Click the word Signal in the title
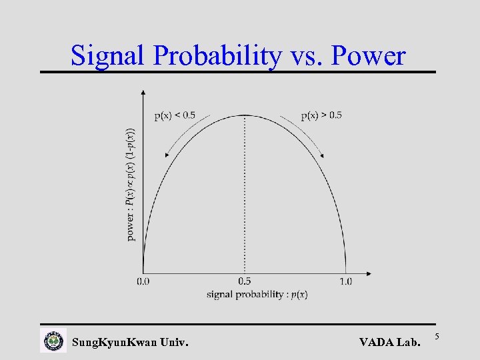109,56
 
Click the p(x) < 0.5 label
175,115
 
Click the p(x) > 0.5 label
321,115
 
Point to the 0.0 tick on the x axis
143,282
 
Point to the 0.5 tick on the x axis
245,282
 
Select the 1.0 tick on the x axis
345,282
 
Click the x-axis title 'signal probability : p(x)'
257,294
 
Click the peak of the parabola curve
245,115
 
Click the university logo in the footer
53,341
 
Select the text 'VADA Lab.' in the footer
390,343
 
